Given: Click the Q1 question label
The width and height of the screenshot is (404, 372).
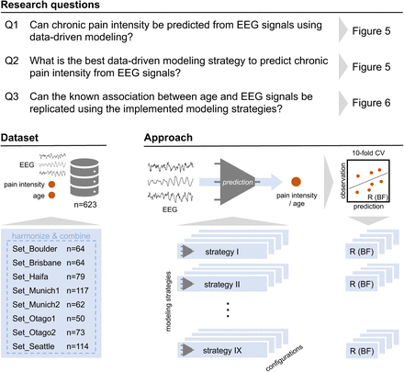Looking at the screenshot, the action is click(12, 25).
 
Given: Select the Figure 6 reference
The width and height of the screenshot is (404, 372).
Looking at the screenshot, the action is click(371, 103).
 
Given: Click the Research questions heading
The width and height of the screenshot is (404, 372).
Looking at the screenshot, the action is click(50, 5).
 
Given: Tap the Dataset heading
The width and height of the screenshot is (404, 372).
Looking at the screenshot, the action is click(19, 138).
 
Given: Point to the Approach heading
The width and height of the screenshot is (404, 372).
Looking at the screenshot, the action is click(168, 138).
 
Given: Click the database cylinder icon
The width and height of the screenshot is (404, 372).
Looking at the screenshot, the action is click(84, 177).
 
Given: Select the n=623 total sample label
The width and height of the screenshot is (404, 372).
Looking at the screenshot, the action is click(85, 204).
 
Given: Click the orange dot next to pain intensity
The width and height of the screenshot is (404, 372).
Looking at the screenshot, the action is click(51, 185).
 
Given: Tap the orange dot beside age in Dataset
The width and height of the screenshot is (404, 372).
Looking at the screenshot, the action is click(51, 195).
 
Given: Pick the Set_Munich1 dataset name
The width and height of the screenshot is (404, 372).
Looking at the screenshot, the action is click(36, 290).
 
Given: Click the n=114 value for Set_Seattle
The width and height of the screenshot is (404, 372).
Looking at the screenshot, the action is click(77, 346).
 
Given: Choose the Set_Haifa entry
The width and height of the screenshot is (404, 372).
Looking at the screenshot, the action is click(30, 276).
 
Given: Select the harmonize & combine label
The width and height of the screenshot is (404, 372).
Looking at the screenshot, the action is click(51, 236).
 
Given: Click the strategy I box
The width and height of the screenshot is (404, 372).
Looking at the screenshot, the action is click(222, 252).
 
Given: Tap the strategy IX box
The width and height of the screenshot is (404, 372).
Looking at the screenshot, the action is click(222, 350).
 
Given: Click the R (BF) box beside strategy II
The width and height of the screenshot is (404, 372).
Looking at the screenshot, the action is click(362, 284).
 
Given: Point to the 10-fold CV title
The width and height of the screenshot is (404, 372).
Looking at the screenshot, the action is click(368, 152).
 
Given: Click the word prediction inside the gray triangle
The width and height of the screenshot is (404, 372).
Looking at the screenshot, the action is click(238, 182).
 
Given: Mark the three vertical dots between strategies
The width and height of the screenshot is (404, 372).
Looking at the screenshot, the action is click(228, 310).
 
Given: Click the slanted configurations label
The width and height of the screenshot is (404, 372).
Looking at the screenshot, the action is click(285, 357).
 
